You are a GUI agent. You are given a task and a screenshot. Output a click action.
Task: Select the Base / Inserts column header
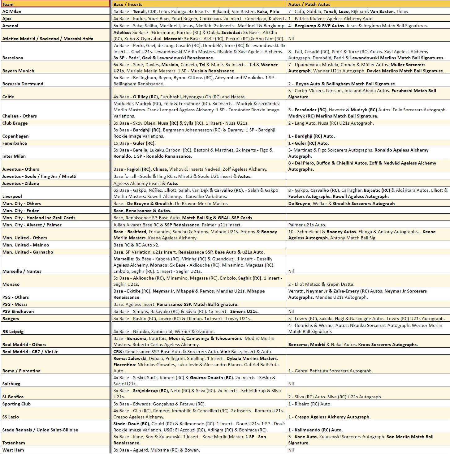point(128,4)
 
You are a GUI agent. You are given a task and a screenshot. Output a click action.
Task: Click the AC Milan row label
point(12,11)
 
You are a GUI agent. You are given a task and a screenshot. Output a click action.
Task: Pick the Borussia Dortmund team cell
point(23,84)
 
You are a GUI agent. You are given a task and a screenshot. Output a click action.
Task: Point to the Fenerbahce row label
point(15,143)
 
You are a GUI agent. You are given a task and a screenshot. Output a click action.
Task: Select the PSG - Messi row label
point(15,304)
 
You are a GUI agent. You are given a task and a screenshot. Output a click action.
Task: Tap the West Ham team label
point(13,450)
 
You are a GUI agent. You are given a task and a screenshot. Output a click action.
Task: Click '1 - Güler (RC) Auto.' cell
point(308,143)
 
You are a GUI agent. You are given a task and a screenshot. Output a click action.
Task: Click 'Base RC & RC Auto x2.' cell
point(136,245)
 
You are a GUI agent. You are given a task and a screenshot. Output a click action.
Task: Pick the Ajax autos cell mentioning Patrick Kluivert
point(330,19)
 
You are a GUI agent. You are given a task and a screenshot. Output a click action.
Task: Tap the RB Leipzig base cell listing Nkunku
point(164,332)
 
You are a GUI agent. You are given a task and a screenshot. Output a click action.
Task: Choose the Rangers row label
point(11,319)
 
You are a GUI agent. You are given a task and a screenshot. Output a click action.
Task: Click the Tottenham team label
point(13,443)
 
